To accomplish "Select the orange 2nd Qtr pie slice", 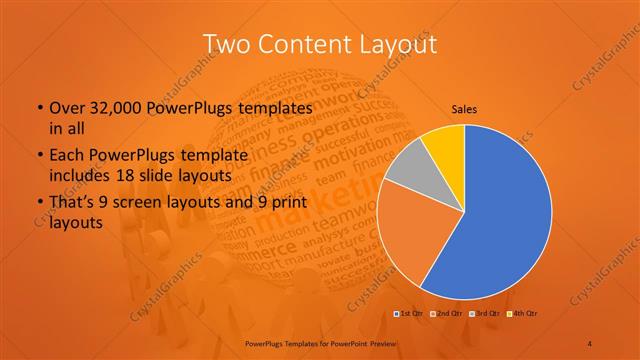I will click(405, 235).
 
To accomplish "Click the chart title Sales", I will click(464, 110).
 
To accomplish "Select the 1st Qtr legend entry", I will click(409, 314).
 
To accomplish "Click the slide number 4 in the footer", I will click(590, 343).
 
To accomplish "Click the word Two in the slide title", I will click(226, 44).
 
